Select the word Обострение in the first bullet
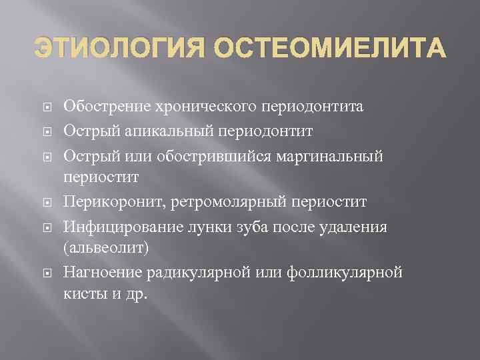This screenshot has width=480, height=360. coord(107,107)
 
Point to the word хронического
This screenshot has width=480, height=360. coord(209,107)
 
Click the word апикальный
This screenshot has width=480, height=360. coord(159,131)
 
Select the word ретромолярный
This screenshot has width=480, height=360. coord(224,201)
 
